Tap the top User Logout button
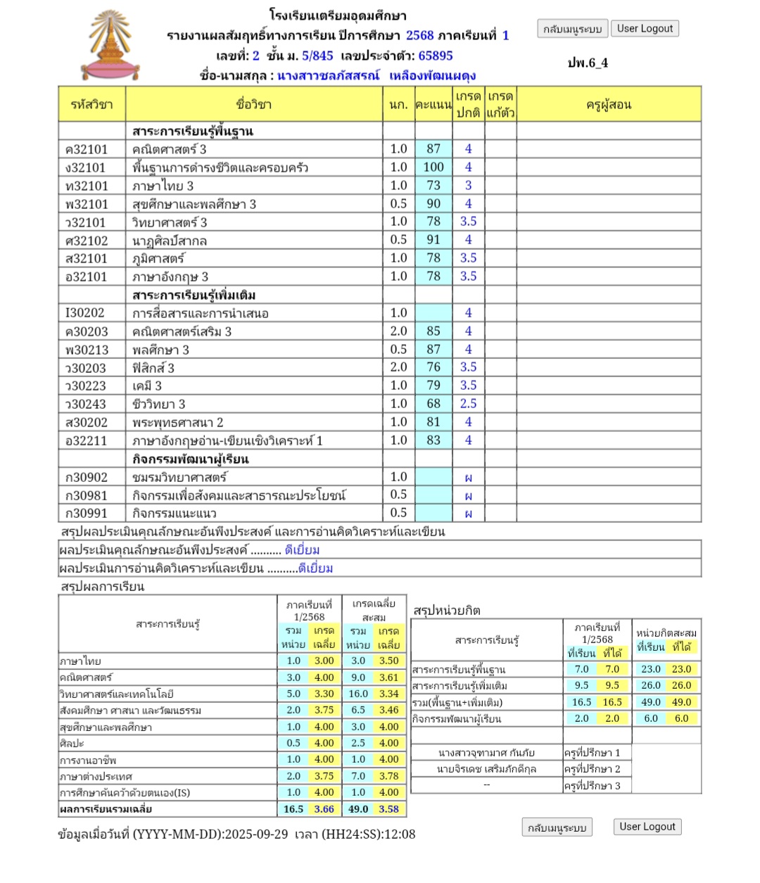click(645, 29)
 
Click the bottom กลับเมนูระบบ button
click(557, 827)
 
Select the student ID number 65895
click(436, 56)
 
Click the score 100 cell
click(433, 167)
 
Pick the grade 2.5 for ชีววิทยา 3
click(468, 404)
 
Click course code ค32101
click(87, 149)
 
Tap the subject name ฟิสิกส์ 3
click(153, 368)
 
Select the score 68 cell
click(433, 404)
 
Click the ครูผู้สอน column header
click(609, 105)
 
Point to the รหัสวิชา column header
click(91, 105)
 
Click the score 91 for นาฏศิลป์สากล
click(433, 240)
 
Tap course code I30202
click(85, 313)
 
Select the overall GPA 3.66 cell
click(324, 809)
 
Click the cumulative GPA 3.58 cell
click(388, 809)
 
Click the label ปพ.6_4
click(588, 63)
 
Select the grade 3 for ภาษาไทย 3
click(468, 186)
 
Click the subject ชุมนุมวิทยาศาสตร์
click(180, 478)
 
